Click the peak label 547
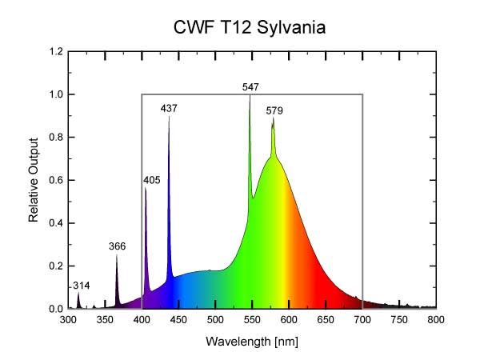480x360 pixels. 250,86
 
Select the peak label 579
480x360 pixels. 274,110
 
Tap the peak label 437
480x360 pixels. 169,108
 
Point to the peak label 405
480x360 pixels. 152,180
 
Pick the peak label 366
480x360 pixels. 117,246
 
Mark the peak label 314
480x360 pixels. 81,285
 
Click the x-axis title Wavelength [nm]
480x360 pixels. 252,341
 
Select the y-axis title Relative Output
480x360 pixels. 34,180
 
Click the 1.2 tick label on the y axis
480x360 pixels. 56,52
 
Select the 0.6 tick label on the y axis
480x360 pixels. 56,180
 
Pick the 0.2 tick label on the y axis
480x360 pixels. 56,266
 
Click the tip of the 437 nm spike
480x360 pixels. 169,118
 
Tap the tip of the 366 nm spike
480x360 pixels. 117,255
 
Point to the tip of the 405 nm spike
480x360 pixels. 146,189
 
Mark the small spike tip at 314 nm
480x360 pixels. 78,293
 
